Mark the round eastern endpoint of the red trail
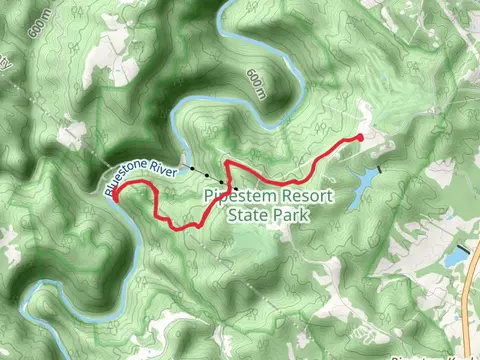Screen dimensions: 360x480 pyautogui.click(x=360, y=137)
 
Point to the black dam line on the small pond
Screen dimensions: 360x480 pyautogui.click(x=461, y=247)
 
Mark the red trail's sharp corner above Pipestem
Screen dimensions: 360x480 pyautogui.click(x=227, y=161)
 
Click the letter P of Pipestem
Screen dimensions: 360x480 pyautogui.click(x=208, y=196)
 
